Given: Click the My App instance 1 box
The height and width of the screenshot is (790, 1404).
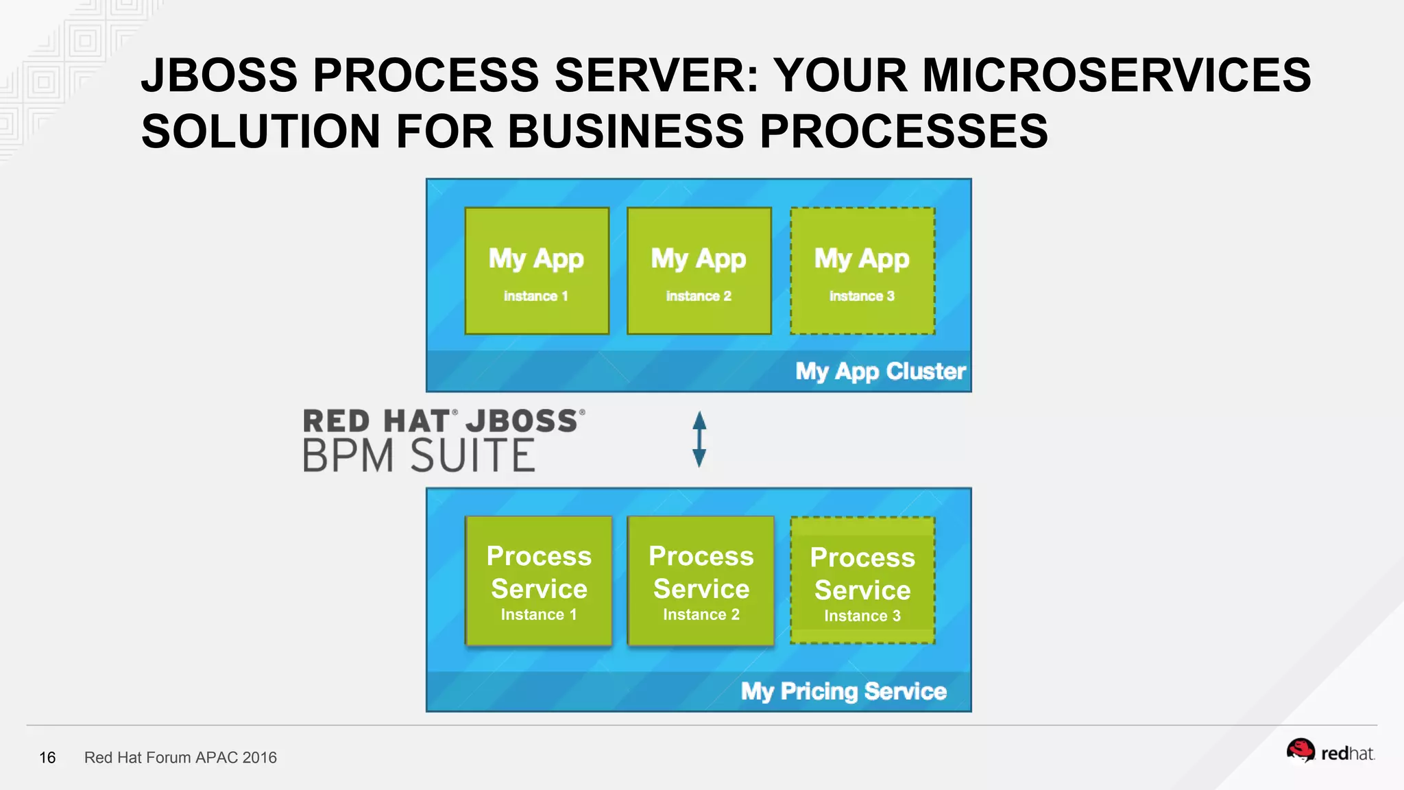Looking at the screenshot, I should click(537, 271).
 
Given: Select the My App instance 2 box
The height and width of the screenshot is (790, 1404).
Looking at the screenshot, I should click(699, 271).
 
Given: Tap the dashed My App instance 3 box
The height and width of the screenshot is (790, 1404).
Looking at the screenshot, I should click(862, 271).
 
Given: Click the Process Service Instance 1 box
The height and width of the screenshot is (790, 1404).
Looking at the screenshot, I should click(539, 582).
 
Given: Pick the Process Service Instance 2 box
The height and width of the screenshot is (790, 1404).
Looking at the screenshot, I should click(701, 582).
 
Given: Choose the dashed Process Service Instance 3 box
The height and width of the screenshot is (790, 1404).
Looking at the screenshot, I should click(862, 581).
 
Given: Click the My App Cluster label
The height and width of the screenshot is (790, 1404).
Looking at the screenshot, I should click(880, 372).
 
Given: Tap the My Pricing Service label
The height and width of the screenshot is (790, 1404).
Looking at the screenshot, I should click(843, 691).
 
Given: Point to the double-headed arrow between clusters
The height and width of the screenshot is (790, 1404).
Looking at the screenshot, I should click(699, 440).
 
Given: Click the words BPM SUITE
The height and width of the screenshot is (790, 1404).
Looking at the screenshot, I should click(419, 456).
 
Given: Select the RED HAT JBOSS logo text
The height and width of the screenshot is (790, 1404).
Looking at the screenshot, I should click(444, 421).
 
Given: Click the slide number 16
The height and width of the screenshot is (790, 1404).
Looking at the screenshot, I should click(47, 758).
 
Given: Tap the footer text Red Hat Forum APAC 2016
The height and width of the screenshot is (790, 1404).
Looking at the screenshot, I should click(180, 758).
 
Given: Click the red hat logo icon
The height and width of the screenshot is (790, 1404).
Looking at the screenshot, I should click(1300, 750).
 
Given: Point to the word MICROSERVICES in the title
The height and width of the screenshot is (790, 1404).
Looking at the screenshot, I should click(1117, 75).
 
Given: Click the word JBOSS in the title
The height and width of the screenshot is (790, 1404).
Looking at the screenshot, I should click(219, 75).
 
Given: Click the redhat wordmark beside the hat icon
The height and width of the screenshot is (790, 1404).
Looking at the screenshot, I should click(1347, 754).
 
